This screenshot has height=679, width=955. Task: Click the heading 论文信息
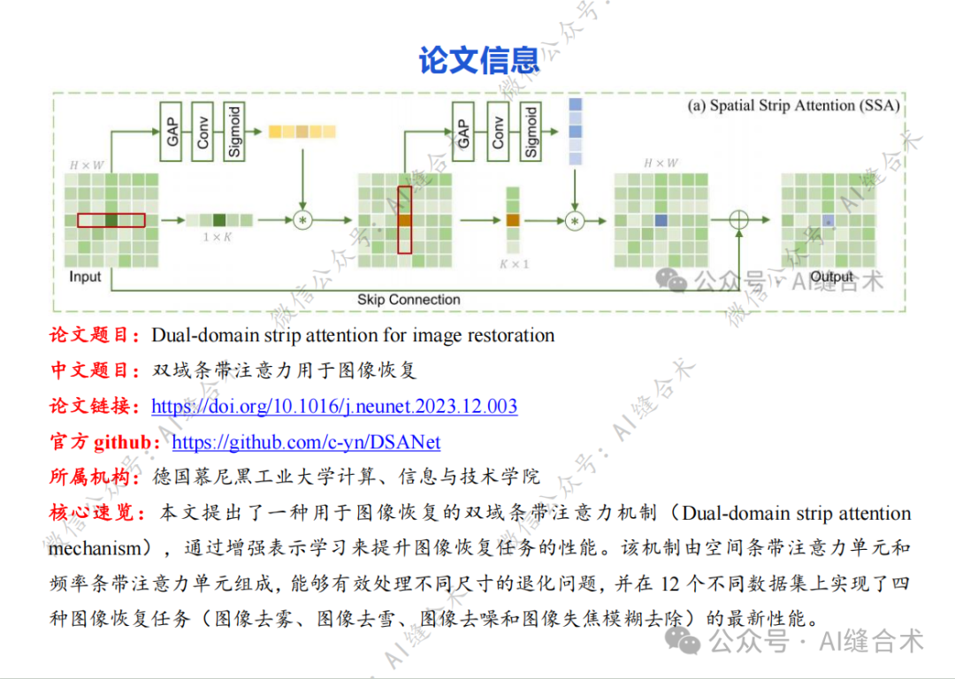[x=478, y=60]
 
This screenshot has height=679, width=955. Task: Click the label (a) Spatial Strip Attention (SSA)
[x=793, y=106]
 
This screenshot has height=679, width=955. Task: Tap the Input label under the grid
[x=85, y=277]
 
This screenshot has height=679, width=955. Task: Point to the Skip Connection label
[x=409, y=300]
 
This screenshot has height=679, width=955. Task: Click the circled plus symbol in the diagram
[x=737, y=220]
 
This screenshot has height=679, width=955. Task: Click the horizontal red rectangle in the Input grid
[x=111, y=220]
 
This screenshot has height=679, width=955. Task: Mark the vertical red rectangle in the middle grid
[x=405, y=219]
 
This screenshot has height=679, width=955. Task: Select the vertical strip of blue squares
[x=576, y=132]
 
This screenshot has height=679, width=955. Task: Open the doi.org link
[x=334, y=407]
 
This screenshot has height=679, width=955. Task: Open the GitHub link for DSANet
[x=306, y=442]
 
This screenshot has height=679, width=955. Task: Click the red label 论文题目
[x=94, y=335]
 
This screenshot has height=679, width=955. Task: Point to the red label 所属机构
[x=94, y=477]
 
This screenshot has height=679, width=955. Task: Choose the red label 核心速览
[x=94, y=513]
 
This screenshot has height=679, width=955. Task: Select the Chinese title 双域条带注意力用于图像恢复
[x=284, y=370]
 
